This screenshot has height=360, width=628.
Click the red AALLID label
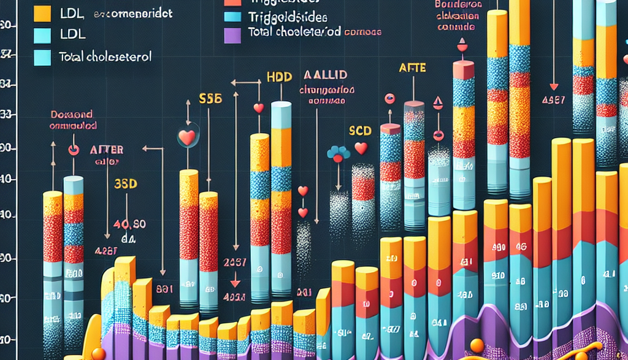pos(325,75)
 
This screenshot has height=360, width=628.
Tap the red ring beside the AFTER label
pos(74,149)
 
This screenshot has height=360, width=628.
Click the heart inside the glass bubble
pos(186,137)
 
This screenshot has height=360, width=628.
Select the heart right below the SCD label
pos(361,148)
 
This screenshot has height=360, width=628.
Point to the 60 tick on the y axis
pos(8,26)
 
